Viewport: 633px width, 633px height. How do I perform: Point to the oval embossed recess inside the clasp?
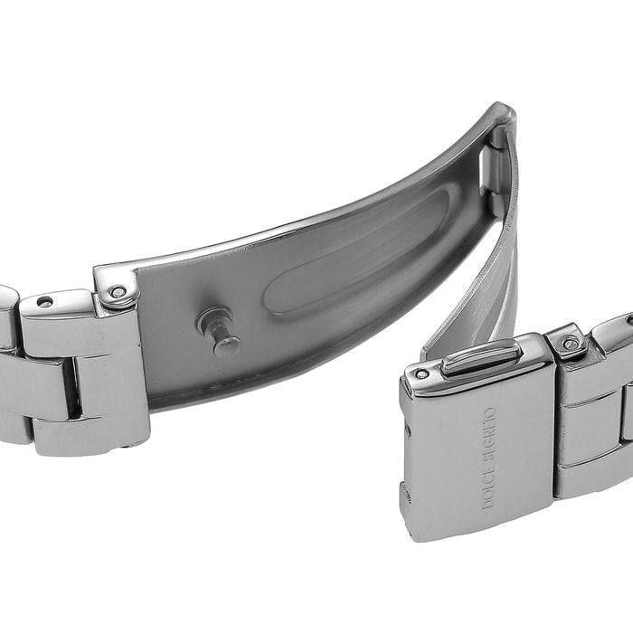[x=355, y=254]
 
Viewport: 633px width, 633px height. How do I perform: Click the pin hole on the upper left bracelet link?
[x=44, y=301]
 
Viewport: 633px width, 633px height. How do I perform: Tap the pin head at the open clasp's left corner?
[x=118, y=291]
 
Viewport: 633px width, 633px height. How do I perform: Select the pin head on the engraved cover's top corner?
[x=421, y=374]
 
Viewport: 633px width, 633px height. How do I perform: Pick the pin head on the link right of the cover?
[x=571, y=345]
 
